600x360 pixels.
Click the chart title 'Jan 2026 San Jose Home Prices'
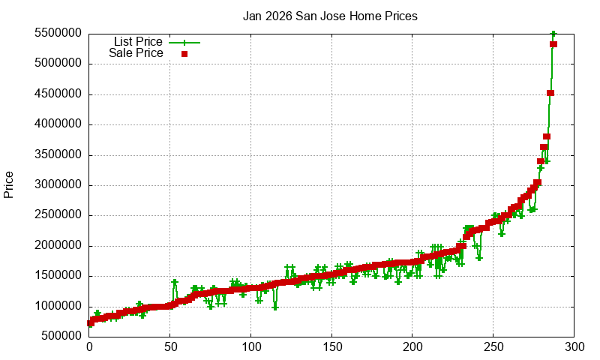click(x=330, y=16)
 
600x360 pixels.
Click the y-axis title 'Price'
click(x=9, y=184)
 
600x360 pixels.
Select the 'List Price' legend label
click(x=138, y=41)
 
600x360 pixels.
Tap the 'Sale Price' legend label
click(x=136, y=53)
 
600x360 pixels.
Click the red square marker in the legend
click(x=184, y=54)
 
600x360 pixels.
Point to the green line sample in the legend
click(x=184, y=42)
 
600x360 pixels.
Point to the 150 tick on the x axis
click(x=331, y=347)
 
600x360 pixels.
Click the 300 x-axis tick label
click(x=574, y=347)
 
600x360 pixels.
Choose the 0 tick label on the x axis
click(x=89, y=347)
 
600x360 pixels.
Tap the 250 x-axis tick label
click(x=493, y=347)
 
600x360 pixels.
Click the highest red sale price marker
click(x=553, y=44)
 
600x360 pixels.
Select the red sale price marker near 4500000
click(x=550, y=93)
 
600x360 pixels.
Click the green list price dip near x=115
click(x=275, y=307)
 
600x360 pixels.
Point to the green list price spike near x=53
click(x=175, y=282)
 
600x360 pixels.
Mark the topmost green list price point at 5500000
click(x=553, y=34)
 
